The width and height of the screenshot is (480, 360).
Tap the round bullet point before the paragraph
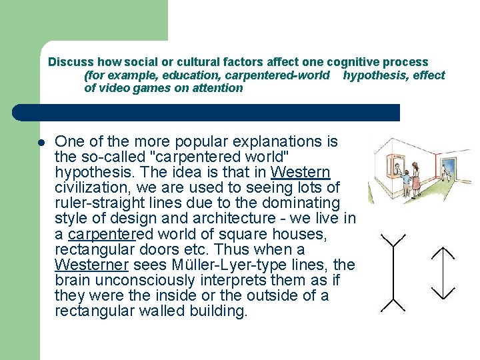pyautogui.click(x=41, y=142)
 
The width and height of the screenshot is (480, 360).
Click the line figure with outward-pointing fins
pyautogui.click(x=394, y=273)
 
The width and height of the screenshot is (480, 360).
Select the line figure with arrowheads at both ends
pyautogui.click(x=443, y=273)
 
